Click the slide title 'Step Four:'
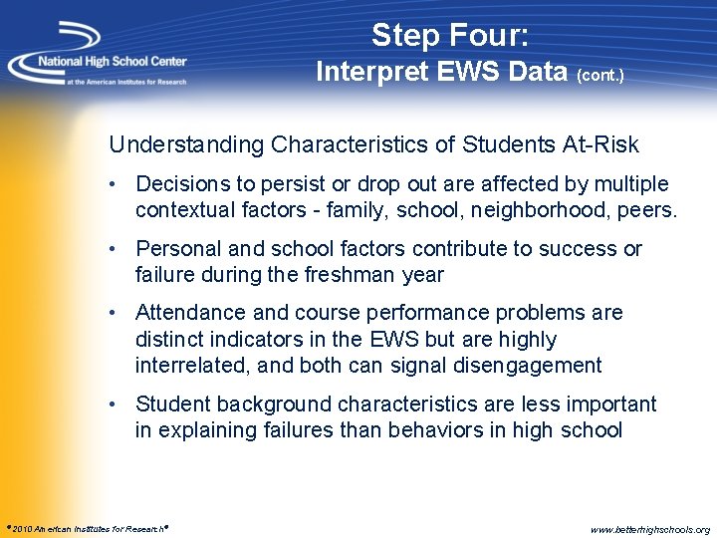coord(450,36)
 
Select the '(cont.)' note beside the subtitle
coord(598,76)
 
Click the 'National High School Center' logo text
coord(112,61)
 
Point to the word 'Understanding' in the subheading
coord(186,145)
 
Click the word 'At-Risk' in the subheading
coord(602,145)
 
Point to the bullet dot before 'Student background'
coord(117,403)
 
